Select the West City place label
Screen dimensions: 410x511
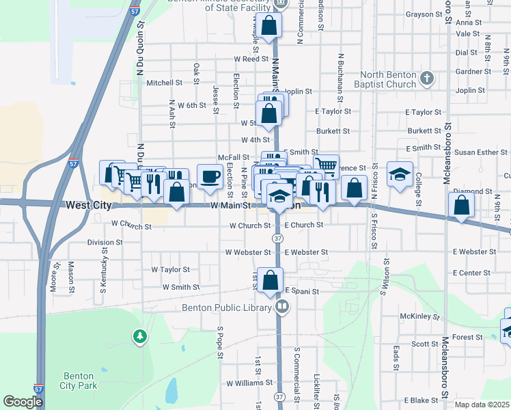[88, 205]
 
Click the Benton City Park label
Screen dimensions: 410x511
[79, 381]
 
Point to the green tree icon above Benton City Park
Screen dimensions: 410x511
[140, 336]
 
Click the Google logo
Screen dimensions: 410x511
[23, 402]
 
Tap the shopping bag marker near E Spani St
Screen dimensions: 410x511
[271, 281]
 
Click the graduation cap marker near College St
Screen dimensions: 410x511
[400, 175]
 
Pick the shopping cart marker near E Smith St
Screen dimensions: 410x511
[327, 166]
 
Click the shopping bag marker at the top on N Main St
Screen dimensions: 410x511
[270, 27]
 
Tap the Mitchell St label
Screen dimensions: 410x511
[165, 83]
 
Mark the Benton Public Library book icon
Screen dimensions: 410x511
[281, 307]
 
